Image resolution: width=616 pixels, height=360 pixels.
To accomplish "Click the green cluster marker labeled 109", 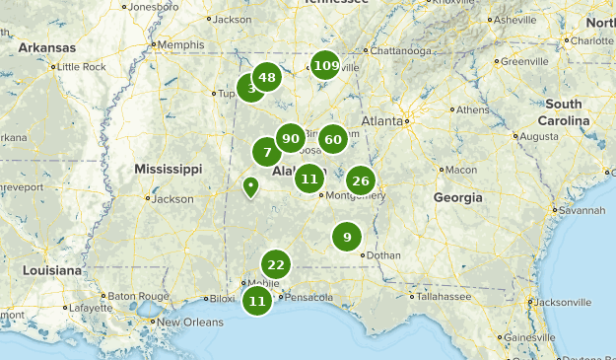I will click(325, 66).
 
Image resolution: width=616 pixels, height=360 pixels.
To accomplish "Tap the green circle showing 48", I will click(266, 77).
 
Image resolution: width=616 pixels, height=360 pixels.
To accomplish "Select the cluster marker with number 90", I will click(290, 139).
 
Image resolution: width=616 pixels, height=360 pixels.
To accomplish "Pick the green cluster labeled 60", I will click(332, 139).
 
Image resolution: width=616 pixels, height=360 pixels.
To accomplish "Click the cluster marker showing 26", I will click(361, 180).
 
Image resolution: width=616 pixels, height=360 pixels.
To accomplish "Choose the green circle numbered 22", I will click(276, 264).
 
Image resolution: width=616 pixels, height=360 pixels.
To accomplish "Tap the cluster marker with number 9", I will click(347, 237).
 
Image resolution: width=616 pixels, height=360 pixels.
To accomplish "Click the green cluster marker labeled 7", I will click(267, 153).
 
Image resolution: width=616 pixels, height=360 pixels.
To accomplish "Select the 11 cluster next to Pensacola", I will click(257, 301).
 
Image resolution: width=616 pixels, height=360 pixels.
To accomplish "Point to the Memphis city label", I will click(180, 44).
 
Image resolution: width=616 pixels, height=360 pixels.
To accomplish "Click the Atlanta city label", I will click(381, 120).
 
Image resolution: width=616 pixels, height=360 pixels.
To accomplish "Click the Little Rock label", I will click(82, 66).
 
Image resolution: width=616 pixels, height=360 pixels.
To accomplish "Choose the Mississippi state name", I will click(169, 169).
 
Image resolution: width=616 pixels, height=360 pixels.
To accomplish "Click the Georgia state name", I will click(458, 197).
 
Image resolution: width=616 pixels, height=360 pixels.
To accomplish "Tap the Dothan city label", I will click(383, 254).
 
